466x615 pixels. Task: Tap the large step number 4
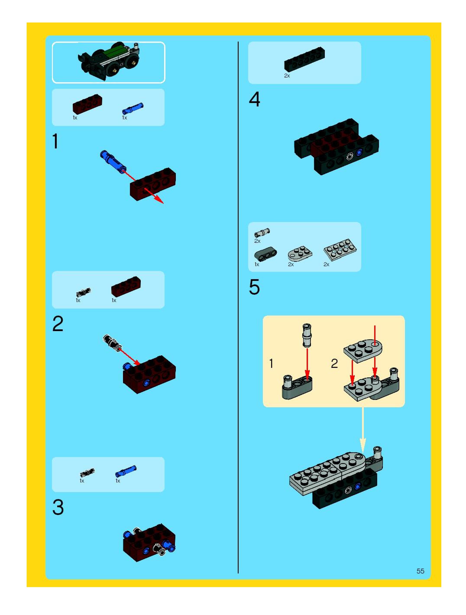[x=254, y=100]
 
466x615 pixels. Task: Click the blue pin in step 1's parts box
[x=133, y=108]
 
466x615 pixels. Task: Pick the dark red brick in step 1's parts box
[x=87, y=103]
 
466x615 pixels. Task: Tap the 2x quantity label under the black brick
[x=287, y=76]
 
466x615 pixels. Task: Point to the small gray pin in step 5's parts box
[x=262, y=232]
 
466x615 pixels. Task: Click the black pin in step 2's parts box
[x=83, y=293]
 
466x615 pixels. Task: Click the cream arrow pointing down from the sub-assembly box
[x=362, y=430]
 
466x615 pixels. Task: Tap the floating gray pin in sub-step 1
[x=307, y=335]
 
